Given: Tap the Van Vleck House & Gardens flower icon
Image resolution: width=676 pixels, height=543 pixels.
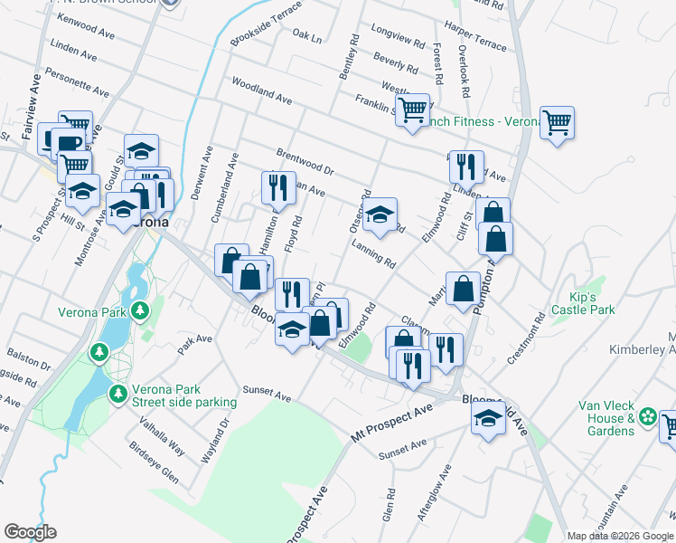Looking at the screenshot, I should (x=647, y=417).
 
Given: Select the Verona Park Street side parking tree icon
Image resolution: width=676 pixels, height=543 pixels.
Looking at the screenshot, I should (x=117, y=394).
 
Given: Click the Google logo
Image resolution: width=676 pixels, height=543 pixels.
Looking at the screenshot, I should (x=30, y=532).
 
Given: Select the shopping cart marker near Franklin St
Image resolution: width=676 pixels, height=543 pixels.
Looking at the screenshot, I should (x=412, y=110).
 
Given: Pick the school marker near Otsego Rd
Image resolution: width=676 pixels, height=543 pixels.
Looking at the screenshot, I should (x=381, y=215).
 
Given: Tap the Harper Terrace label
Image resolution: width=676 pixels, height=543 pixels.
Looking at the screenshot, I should (x=475, y=43).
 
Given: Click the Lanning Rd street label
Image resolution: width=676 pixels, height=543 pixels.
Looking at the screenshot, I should (x=373, y=257).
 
